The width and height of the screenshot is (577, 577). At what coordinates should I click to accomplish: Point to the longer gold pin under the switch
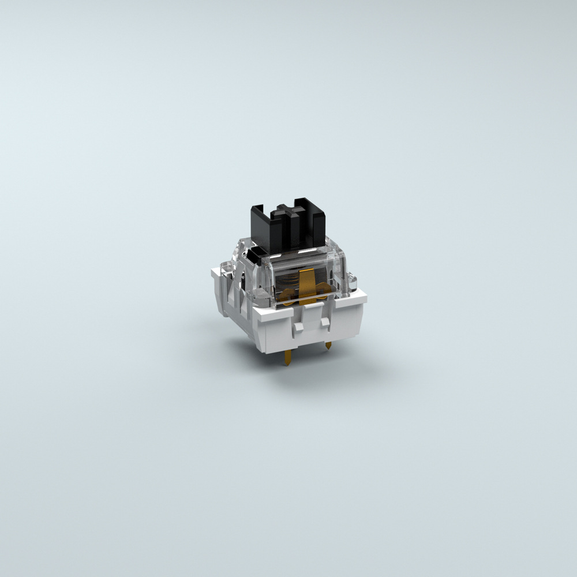287,358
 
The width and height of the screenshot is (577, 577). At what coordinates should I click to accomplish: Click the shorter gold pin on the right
328,345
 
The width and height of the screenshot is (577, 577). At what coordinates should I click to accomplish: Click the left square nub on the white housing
298,327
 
